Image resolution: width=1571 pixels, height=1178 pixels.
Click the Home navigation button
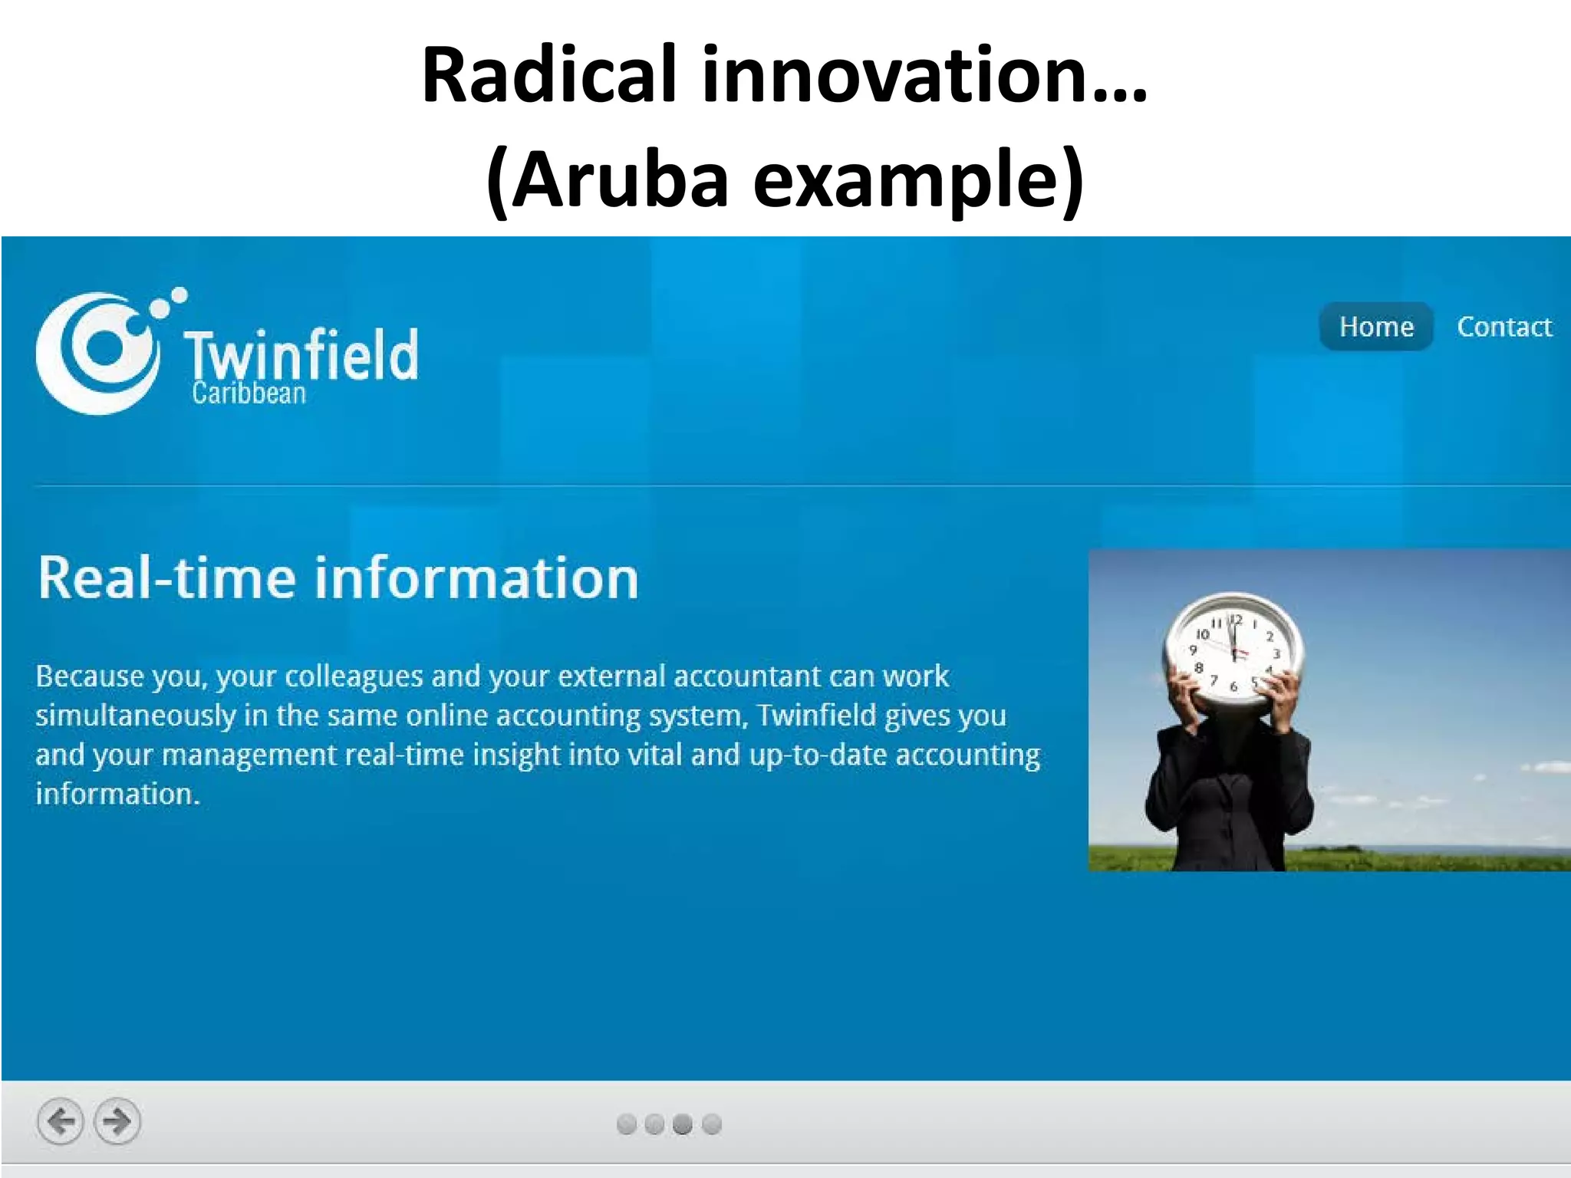1375,327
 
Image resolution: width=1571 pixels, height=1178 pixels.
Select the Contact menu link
1503,327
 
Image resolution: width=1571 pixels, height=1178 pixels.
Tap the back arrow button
61,1121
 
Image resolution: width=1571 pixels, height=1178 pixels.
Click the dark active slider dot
682,1124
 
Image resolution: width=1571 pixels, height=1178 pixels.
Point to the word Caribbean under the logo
249,393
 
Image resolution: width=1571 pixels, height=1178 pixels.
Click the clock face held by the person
1233,649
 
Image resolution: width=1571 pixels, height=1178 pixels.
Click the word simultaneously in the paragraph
136,716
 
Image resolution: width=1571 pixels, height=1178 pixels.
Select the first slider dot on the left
626,1124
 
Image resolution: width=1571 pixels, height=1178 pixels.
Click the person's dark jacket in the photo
1227,798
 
